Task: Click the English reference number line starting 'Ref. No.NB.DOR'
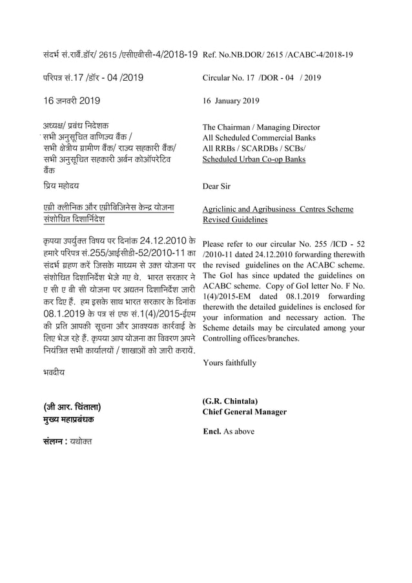tap(278, 56)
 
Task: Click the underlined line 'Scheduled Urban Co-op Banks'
tap(254, 158)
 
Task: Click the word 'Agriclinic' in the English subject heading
tap(223, 209)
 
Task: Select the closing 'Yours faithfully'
tap(229, 363)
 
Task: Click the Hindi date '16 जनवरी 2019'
tap(71, 101)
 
